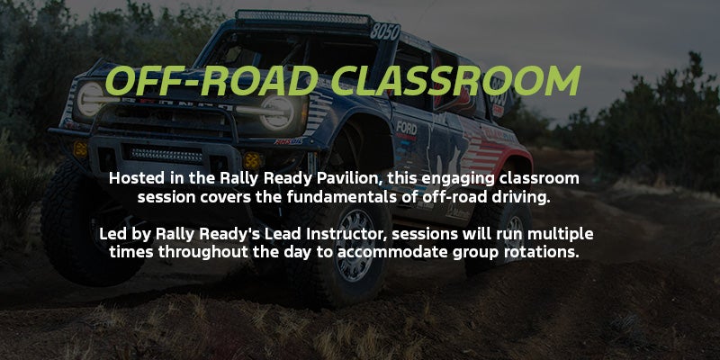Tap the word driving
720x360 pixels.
[x=517, y=197]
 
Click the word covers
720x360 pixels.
[x=237, y=197]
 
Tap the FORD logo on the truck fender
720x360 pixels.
[x=407, y=128]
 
